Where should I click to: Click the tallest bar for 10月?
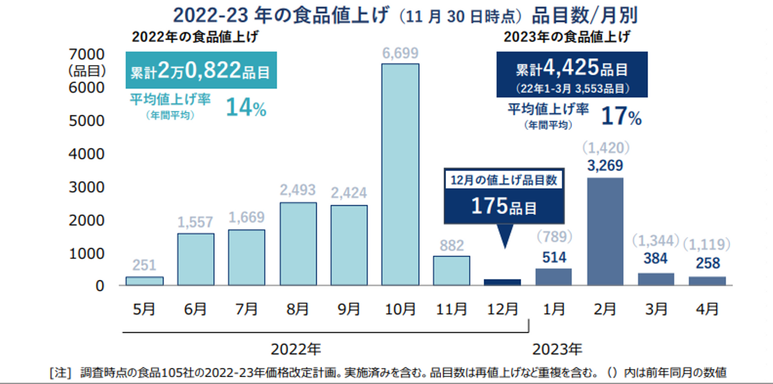[x=400, y=175]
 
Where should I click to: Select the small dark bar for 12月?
[x=502, y=282]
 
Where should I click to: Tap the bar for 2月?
[x=605, y=231]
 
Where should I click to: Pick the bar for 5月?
[x=144, y=281]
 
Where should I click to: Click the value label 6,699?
[x=400, y=53]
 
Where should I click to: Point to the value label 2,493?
[x=298, y=190]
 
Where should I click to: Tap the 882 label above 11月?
[x=451, y=246]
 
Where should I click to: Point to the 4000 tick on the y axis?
[x=86, y=154]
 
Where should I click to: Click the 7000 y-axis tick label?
[x=86, y=54]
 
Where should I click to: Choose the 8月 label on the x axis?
[x=298, y=309]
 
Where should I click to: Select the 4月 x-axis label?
[x=708, y=309]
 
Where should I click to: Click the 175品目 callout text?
[x=504, y=206]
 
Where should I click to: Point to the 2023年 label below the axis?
[x=557, y=350]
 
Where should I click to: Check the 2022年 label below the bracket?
[x=296, y=350]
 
